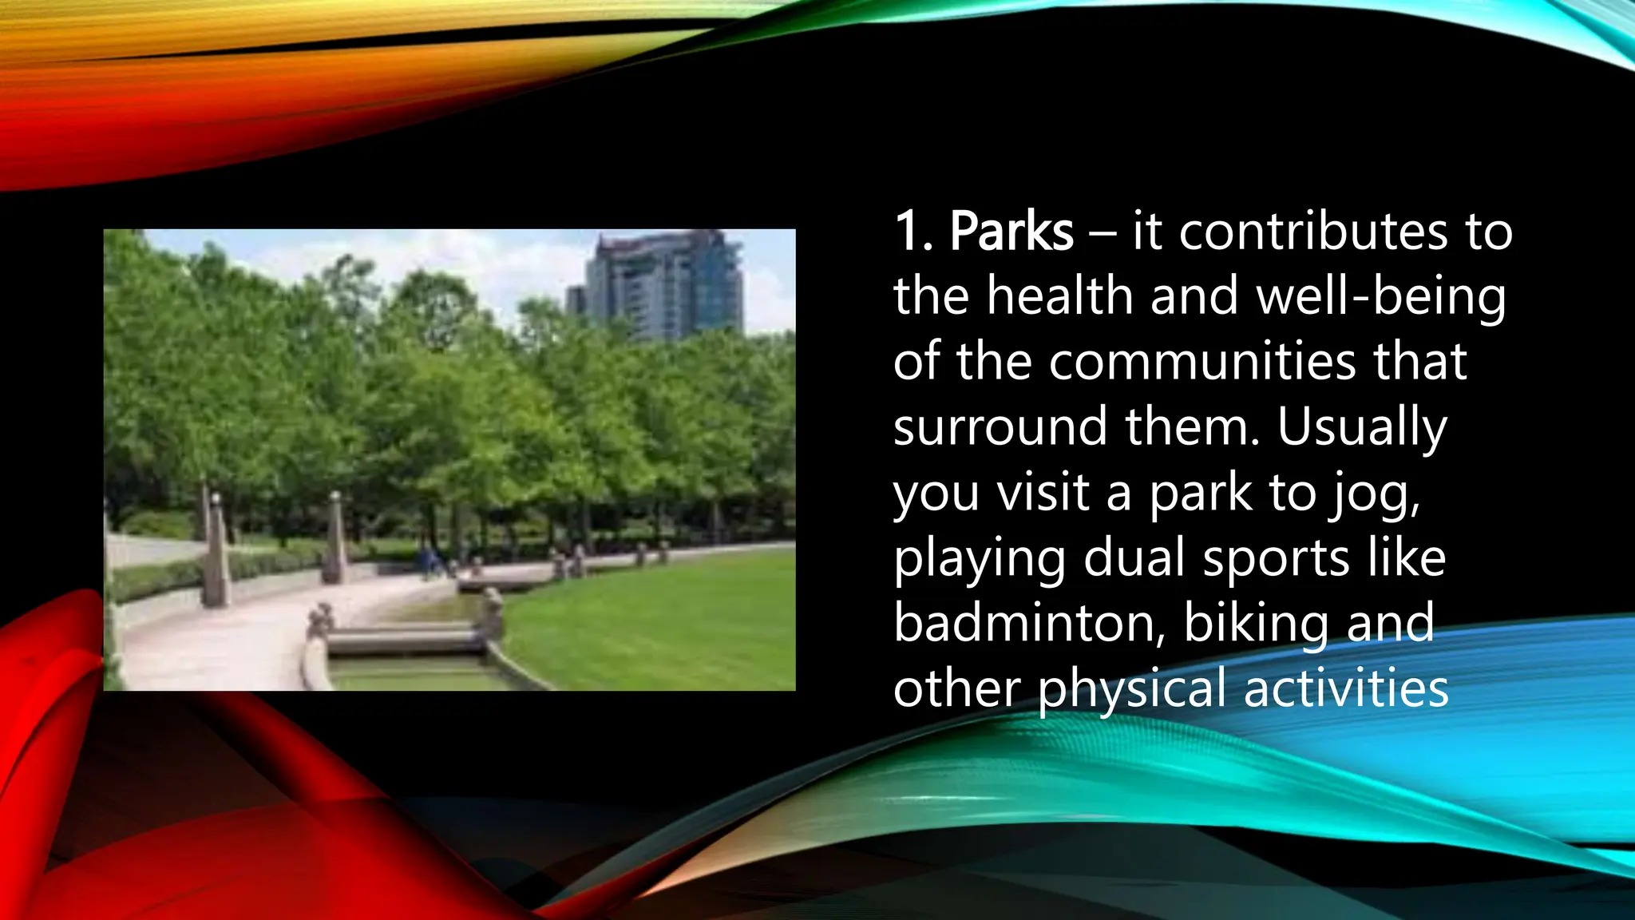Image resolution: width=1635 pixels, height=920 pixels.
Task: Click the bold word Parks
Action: pos(1011,232)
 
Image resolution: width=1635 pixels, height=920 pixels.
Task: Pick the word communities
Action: pos(1202,362)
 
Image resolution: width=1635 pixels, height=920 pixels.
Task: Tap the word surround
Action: pos(1000,427)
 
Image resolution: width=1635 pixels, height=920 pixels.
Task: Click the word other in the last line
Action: pos(957,688)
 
